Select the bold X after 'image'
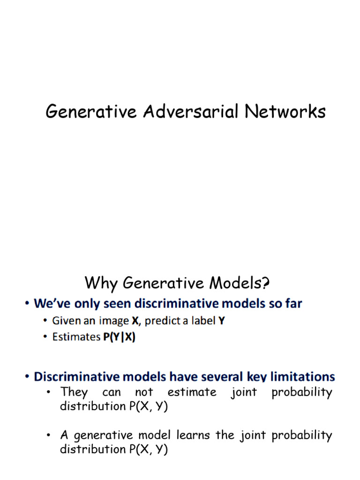tap(135, 321)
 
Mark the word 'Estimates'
tap(76, 337)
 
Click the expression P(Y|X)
tap(119, 337)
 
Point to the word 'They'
tap(72, 392)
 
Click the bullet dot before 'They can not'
tap(48, 392)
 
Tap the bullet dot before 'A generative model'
tap(48, 436)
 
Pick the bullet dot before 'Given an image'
tap(45, 322)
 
